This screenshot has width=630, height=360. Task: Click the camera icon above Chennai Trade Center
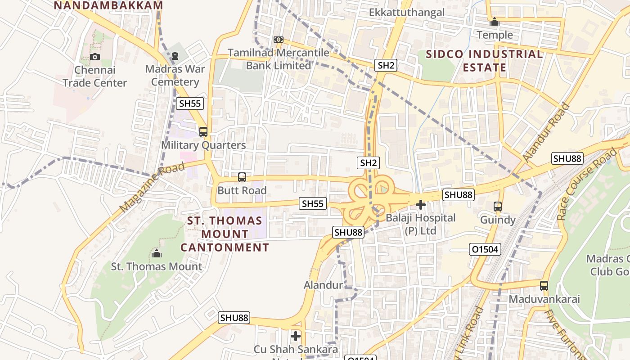[94, 57]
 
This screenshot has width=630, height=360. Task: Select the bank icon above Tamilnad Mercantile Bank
[279, 40]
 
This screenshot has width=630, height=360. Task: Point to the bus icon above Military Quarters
[203, 132]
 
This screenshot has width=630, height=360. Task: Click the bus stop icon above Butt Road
[242, 177]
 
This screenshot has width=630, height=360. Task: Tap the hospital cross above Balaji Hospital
[421, 205]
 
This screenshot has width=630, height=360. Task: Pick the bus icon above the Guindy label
[497, 207]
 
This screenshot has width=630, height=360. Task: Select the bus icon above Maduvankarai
[544, 285]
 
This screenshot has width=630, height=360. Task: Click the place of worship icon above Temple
[495, 22]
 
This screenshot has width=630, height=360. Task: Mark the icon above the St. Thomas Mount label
[157, 253]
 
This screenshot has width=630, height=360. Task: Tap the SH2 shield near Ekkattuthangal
[386, 66]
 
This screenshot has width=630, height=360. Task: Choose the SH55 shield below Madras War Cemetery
[190, 103]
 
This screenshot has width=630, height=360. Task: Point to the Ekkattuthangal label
[407, 12]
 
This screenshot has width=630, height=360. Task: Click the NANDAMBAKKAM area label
[108, 5]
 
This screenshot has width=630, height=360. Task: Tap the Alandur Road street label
[546, 132]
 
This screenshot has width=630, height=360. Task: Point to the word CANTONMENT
[225, 247]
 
